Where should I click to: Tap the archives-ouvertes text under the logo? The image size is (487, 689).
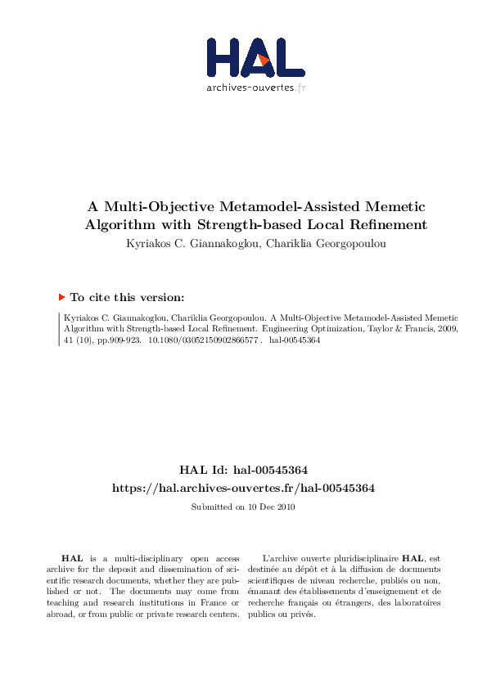(256, 88)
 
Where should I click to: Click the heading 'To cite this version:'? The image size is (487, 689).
(127, 298)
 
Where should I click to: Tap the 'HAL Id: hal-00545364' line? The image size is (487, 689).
(243, 470)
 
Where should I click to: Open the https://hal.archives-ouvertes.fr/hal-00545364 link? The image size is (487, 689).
(243, 488)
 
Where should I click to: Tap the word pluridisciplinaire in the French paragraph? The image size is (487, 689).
(360, 557)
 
